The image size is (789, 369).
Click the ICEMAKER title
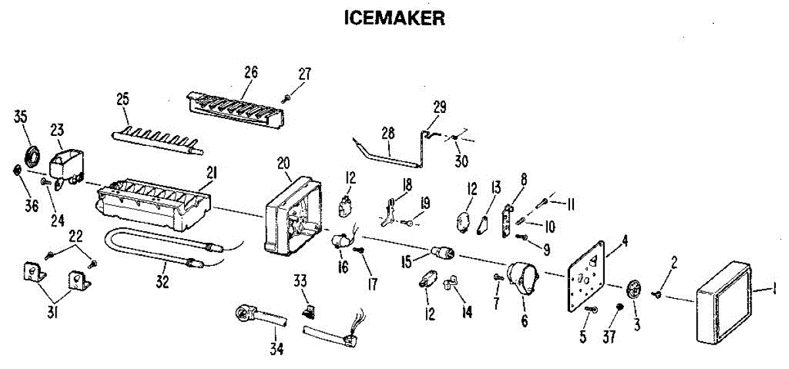[394, 18]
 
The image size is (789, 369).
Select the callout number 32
[162, 282]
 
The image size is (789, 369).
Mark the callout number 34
[277, 349]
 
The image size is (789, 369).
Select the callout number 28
[387, 133]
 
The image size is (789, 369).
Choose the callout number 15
[406, 261]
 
